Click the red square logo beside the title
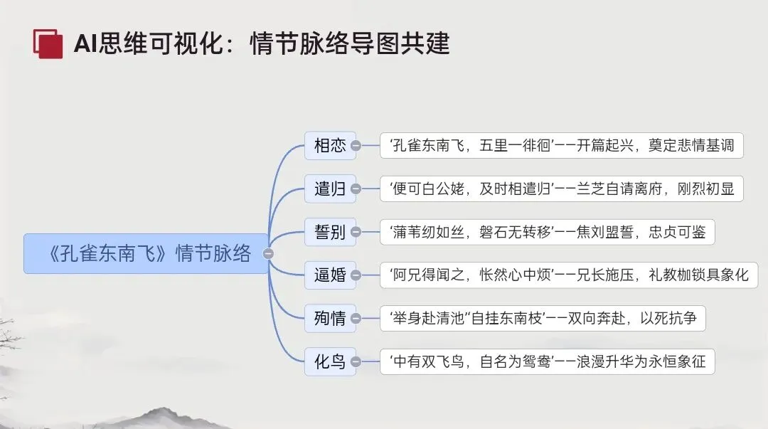(x=48, y=43)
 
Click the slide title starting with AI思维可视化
(x=262, y=44)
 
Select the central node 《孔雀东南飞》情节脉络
(x=146, y=253)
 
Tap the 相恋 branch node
(x=330, y=146)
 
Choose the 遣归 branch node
(x=330, y=189)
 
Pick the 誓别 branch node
(x=330, y=232)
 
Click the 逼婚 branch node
(x=330, y=275)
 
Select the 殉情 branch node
(x=330, y=318)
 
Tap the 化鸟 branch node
(x=330, y=361)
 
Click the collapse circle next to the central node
(x=268, y=253)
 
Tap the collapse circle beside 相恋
(x=356, y=146)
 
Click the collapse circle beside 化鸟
(x=356, y=361)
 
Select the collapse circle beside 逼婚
(x=356, y=275)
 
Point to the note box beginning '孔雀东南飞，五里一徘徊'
(x=562, y=146)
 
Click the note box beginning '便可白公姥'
(x=562, y=189)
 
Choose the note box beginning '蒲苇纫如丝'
(x=547, y=232)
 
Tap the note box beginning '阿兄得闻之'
(x=569, y=275)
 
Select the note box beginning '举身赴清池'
(x=543, y=318)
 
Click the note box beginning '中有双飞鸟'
(x=547, y=361)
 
